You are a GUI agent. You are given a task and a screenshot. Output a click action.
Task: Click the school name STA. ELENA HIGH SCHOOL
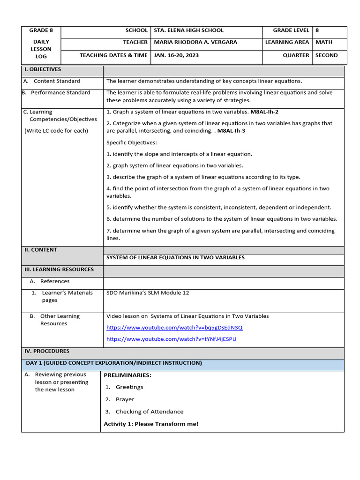(x=188, y=30)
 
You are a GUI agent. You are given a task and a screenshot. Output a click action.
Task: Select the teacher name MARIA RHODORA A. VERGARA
(x=195, y=42)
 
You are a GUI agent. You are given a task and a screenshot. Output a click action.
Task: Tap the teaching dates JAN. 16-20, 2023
(x=176, y=55)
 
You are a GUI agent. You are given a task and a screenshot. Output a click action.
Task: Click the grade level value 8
(x=317, y=30)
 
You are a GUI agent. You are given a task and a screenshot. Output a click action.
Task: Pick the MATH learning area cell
(x=323, y=42)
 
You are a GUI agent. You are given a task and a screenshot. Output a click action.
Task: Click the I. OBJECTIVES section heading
(x=43, y=69)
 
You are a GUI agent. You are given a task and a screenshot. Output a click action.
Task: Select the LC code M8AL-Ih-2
(x=264, y=112)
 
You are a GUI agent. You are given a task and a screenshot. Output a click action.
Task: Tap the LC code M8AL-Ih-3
(x=231, y=131)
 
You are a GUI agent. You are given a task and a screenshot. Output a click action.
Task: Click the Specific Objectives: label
(x=131, y=142)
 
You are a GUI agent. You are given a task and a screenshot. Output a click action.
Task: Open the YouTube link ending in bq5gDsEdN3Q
(x=174, y=328)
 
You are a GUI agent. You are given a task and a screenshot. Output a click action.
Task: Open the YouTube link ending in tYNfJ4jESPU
(x=171, y=339)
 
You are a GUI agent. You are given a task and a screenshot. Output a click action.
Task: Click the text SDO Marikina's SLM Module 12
(x=148, y=293)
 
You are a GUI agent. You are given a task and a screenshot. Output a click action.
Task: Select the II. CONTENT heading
(x=41, y=250)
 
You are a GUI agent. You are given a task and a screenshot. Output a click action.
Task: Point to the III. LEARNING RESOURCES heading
(x=59, y=270)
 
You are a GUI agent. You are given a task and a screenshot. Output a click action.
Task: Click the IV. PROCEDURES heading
(x=47, y=351)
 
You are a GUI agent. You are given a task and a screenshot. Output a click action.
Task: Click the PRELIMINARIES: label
(x=127, y=375)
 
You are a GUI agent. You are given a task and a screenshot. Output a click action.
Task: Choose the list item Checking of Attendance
(x=150, y=412)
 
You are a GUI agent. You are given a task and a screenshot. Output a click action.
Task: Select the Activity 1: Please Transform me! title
(x=151, y=424)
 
